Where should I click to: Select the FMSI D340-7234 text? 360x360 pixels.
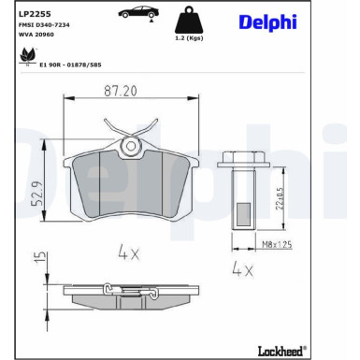click(44, 25)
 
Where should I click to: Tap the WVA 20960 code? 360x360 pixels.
click(36, 35)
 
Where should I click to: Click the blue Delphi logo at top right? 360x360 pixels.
click(267, 22)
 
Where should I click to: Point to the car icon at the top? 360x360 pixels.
click(138, 13)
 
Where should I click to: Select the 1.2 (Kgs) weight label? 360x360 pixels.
click(189, 38)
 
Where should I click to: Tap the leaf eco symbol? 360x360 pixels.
click(28, 57)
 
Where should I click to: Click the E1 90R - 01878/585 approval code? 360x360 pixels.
click(70, 65)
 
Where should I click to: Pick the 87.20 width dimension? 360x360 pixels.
click(121, 91)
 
